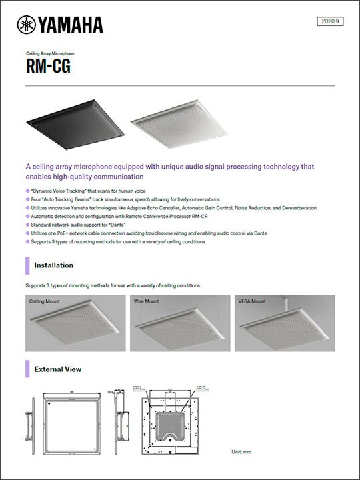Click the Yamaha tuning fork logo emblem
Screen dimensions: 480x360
(x=27, y=25)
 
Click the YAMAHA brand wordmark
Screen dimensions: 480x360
(x=70, y=25)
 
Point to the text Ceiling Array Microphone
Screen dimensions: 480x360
(x=50, y=53)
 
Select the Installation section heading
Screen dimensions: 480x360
(x=54, y=265)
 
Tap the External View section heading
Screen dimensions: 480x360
(x=58, y=368)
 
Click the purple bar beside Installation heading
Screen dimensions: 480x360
(x=27, y=265)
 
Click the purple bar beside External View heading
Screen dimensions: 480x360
(x=27, y=368)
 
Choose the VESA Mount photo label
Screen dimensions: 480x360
(x=252, y=301)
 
